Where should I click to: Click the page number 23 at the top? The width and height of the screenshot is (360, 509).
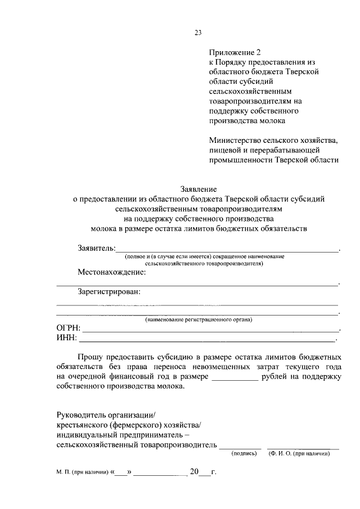click(198, 33)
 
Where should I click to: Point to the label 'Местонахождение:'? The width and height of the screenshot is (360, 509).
click(111, 272)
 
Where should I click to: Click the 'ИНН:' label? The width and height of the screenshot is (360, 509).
click(67, 338)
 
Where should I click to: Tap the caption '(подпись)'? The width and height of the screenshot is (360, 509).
click(244, 453)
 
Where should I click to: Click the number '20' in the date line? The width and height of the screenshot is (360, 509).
click(195, 471)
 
